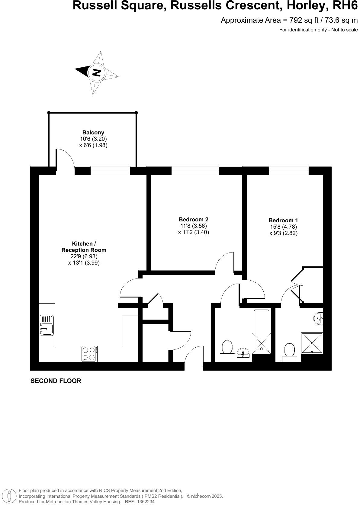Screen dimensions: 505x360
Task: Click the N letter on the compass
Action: (96, 72)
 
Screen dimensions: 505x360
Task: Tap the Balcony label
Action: (93, 132)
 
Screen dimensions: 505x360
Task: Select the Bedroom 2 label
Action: (193, 220)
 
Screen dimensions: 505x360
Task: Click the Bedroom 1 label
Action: (283, 220)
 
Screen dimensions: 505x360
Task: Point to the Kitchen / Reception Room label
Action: (84, 247)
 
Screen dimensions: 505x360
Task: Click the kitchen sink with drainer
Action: (47, 325)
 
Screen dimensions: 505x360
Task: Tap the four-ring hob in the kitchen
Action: (89, 354)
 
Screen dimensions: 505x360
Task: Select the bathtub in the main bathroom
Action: (261, 331)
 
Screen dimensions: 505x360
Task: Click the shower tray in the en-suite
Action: (312, 343)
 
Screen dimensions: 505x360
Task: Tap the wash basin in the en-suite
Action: (319, 318)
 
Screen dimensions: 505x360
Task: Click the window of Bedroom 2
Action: (195, 171)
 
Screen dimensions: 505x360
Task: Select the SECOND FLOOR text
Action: (56, 381)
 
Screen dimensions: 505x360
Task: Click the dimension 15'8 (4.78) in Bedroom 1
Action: (283, 227)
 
